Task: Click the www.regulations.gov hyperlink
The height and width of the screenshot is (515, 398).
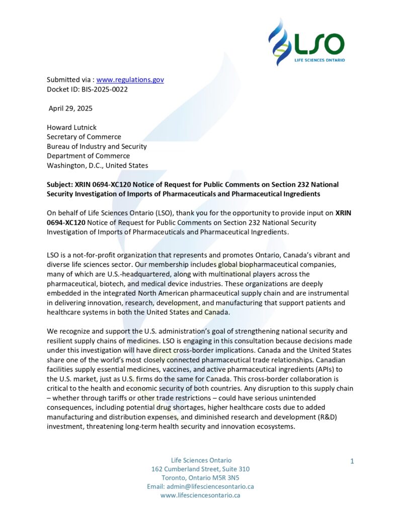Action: point(130,79)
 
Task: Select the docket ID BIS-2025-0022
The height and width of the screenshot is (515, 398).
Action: point(100,89)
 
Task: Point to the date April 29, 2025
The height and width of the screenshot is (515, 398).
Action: point(70,108)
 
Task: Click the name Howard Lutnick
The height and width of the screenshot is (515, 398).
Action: point(72,127)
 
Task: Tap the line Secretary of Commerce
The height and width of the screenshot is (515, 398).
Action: point(84,137)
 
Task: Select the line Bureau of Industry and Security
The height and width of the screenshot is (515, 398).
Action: point(97,146)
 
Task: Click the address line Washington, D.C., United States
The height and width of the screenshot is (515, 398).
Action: point(98,165)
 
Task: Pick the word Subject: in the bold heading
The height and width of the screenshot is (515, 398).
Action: point(60,185)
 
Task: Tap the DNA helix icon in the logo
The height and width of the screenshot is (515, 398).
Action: point(280,40)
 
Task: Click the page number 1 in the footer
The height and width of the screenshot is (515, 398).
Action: point(352,461)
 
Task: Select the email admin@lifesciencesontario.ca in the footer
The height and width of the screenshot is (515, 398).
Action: point(200,486)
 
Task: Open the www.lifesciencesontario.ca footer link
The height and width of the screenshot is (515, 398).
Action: point(200,495)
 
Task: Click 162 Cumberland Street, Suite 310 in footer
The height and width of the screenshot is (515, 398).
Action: point(200,469)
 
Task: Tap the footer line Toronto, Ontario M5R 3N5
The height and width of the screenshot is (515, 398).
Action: point(200,477)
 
